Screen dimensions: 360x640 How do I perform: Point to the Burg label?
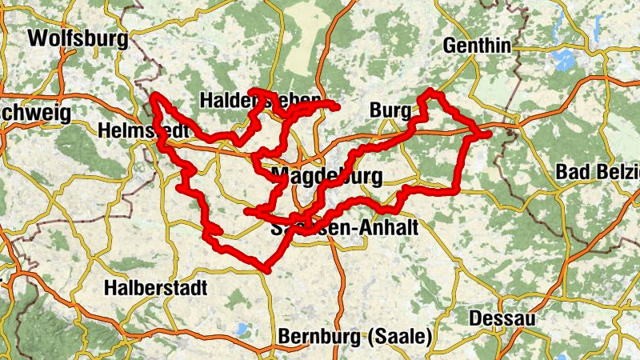[x=390, y=110]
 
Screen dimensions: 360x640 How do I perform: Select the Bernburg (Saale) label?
[x=355, y=336]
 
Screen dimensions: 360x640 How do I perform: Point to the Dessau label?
[x=502, y=318]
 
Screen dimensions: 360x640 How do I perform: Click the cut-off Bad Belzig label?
[x=598, y=171]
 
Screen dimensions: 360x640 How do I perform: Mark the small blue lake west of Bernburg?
[x=241, y=328]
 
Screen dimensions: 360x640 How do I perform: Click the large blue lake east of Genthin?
[x=566, y=58]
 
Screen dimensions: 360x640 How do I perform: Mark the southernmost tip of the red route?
[x=266, y=270]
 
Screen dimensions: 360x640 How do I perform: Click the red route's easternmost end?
[x=487, y=134]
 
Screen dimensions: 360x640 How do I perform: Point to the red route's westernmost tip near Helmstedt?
[x=154, y=98]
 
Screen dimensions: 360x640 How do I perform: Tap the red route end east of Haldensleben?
[x=337, y=106]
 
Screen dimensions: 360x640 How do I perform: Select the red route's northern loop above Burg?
[x=434, y=94]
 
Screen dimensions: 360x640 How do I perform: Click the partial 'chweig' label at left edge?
[x=35, y=112]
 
